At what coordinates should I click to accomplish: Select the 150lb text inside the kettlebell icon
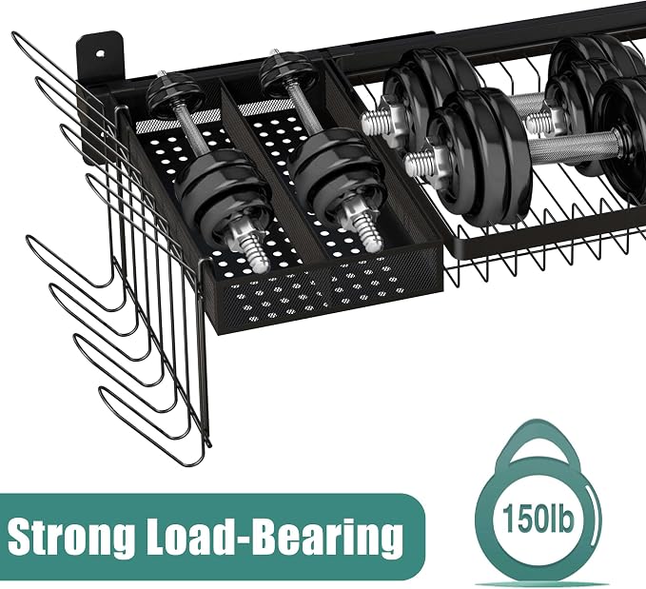(x=538, y=519)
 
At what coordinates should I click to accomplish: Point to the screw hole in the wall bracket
(x=101, y=53)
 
